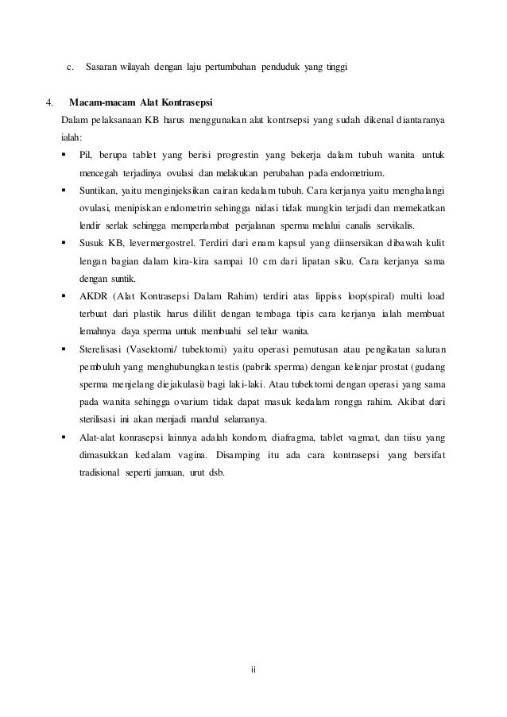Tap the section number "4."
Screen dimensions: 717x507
click(x=50, y=102)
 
